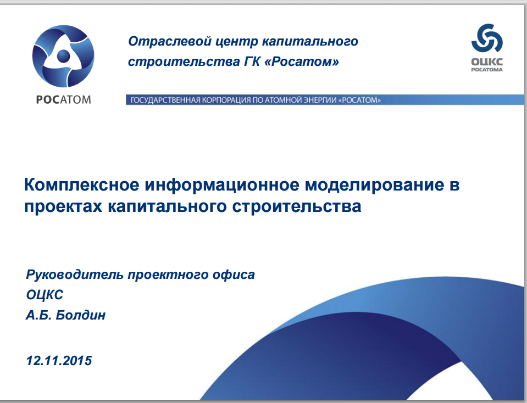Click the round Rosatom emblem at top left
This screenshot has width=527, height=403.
63,56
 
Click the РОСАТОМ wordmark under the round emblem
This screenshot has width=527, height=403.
63,100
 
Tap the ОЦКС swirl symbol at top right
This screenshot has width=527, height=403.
487,38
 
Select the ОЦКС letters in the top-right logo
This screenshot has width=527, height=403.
487,62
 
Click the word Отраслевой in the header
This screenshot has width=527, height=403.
170,41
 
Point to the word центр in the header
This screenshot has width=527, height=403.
237,42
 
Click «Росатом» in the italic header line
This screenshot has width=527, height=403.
302,62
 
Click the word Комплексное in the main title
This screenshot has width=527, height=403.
82,184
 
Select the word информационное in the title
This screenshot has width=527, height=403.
222,184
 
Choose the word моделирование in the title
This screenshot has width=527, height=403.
374,184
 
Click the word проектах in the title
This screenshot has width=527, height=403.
63,206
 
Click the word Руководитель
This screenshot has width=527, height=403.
75,275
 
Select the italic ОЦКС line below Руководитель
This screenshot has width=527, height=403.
45,295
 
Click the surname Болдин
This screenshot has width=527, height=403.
81,315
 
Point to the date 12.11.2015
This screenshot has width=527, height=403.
59,361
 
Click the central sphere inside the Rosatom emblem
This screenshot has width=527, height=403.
63,56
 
